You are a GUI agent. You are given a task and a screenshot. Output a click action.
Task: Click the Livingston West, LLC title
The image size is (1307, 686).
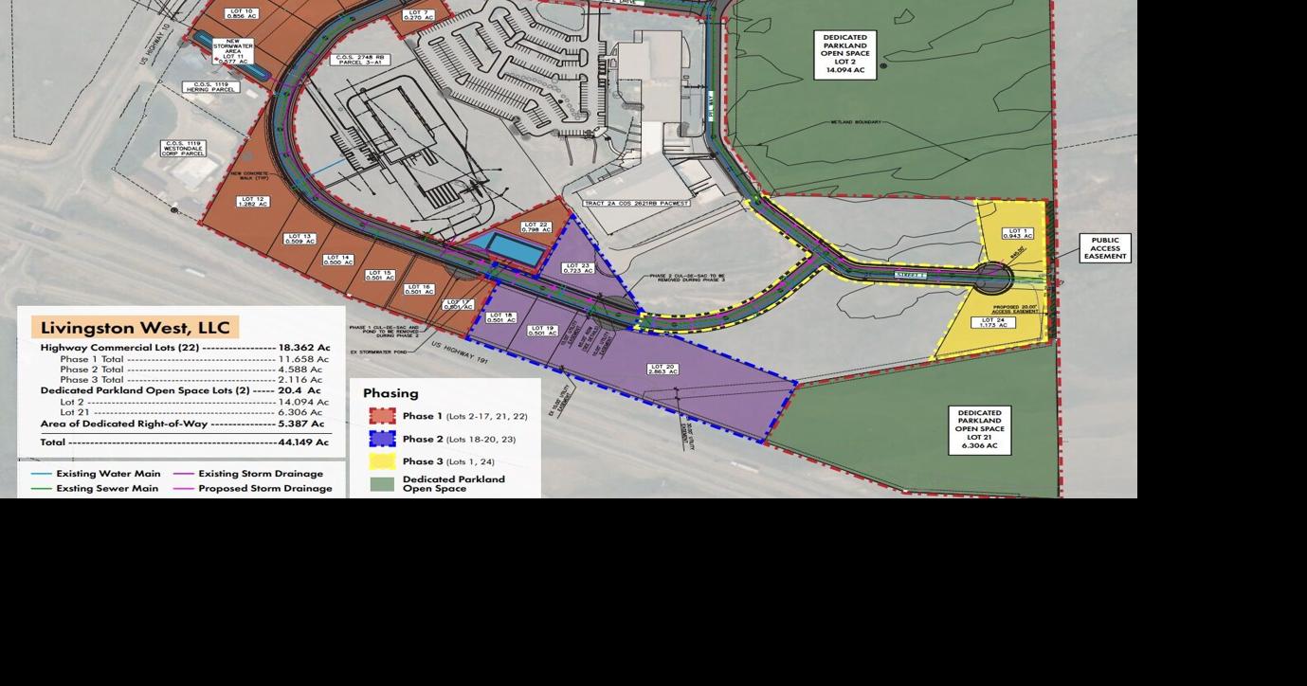coord(136,328)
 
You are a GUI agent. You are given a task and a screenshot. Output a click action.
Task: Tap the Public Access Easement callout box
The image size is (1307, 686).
coord(1104,248)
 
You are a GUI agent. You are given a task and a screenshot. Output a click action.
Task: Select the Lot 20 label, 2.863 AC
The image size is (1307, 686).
coord(663,369)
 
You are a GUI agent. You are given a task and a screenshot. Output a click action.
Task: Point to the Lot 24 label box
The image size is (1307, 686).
coord(992,323)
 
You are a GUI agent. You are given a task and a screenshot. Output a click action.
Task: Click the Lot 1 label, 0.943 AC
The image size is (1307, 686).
coord(1016,234)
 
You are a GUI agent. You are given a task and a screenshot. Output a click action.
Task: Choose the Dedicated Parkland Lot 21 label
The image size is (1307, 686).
coord(979,429)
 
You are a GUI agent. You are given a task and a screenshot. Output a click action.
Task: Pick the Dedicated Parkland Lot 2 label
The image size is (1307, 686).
coord(844,55)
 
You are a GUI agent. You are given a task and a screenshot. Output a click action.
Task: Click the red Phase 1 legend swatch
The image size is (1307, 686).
coord(382,416)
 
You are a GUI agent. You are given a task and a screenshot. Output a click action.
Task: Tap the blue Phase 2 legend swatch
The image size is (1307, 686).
coord(382,439)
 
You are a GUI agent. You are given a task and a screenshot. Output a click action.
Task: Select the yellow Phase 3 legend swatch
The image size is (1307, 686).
coord(382,461)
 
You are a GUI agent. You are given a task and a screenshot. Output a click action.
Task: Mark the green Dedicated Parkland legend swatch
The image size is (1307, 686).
coord(382,484)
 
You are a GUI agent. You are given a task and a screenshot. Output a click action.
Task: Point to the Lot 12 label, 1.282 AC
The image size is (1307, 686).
coord(253,202)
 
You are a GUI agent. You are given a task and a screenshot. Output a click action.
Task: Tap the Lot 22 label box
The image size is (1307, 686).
coord(536,226)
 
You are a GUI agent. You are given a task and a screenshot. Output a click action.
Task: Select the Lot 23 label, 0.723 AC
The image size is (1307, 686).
coord(577,268)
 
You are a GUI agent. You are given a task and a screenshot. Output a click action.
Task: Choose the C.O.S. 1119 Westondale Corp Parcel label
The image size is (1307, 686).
coord(183,149)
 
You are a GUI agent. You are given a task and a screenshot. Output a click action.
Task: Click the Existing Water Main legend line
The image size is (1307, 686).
coord(42,474)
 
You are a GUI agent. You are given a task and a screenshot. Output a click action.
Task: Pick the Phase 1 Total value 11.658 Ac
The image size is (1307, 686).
coord(303,359)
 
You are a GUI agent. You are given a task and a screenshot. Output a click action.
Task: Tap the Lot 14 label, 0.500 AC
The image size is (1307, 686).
coord(337,259)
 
